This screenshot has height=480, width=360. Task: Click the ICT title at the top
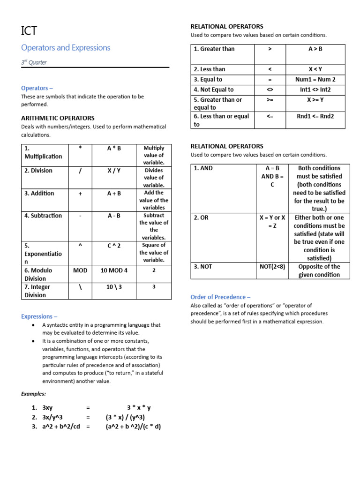point(29,31)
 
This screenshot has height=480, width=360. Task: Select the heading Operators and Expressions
point(66,48)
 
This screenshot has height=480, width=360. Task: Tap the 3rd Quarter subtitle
point(34,62)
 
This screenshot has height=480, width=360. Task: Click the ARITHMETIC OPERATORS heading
point(58,118)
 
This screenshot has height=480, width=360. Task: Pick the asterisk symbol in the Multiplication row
point(80,148)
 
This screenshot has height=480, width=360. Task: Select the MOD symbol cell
point(80,270)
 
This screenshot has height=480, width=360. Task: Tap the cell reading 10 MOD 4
point(114,270)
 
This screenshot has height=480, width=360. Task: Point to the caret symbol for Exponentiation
point(80,246)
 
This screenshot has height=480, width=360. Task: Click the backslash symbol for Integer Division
point(80,287)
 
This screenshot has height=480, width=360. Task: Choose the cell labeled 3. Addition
point(39,193)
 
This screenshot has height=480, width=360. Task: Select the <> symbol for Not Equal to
point(270,90)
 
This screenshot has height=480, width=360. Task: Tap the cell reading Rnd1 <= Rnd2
point(315,116)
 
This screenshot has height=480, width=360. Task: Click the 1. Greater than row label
point(214,49)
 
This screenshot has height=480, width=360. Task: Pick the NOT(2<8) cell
point(272,267)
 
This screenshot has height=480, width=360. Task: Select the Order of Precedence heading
point(220,297)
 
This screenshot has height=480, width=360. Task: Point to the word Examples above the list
point(33,394)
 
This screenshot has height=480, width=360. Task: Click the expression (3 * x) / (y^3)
point(125,417)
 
